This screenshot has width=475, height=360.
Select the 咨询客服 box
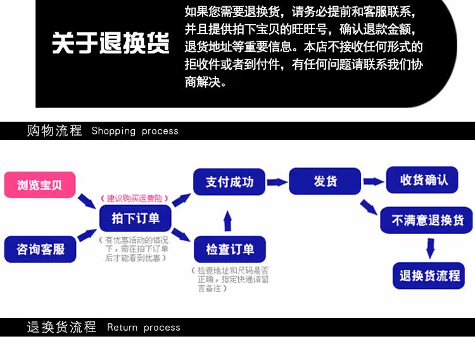tap(40, 249)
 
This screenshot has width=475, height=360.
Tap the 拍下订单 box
tap(135, 218)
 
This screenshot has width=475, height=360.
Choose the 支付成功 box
tap(229, 182)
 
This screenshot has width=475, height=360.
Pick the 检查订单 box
tap(229, 249)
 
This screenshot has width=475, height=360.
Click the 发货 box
tap(325, 181)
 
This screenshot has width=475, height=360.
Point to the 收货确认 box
tap(424, 180)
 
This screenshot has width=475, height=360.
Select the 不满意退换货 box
tap(427, 220)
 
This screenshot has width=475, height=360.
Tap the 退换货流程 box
tap(429, 276)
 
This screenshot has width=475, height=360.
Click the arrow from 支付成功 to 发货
tap(276, 182)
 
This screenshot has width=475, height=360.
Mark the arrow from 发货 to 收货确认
tap(374, 181)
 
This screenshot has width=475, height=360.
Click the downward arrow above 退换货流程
tap(430, 248)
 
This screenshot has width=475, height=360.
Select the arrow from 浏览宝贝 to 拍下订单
tap(87, 201)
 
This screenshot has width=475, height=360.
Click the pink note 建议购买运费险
tap(135, 198)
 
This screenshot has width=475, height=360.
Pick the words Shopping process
tap(135, 131)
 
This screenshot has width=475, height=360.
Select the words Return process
tap(144, 328)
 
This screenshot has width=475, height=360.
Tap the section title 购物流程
tap(54, 131)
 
